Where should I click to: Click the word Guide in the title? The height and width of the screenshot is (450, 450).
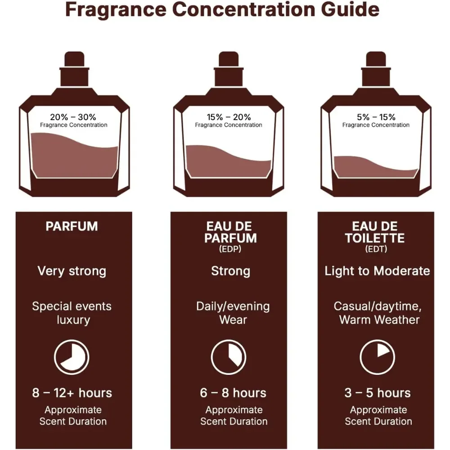(350, 10)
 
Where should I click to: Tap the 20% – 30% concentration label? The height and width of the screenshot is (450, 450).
(73, 117)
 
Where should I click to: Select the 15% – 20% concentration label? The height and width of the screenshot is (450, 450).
(229, 117)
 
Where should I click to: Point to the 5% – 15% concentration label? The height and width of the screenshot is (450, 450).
(376, 117)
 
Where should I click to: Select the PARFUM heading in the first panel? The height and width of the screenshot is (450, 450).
(72, 226)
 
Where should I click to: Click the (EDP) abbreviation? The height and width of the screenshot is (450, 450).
(230, 249)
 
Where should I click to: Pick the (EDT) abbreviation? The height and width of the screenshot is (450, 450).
(376, 249)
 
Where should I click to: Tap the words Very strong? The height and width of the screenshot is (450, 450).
(72, 271)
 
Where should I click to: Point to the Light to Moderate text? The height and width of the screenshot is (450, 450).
(377, 271)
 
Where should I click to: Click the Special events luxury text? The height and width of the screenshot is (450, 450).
(72, 313)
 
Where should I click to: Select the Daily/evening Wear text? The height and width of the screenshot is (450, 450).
(233, 313)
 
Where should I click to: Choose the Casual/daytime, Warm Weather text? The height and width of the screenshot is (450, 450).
(378, 313)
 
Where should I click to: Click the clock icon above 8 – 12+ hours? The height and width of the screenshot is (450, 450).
(72, 357)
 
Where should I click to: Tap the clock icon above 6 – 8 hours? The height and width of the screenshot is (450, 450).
(229, 357)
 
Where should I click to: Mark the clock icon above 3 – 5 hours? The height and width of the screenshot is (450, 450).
(377, 357)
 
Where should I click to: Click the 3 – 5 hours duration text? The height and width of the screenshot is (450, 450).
(378, 393)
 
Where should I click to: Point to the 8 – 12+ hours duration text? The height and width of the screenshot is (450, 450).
(72, 393)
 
